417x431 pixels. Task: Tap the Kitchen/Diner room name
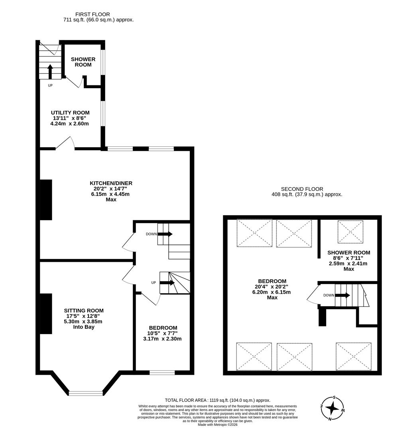[111, 183]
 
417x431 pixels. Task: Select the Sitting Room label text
[84, 310]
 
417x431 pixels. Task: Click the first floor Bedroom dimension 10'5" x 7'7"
[163, 333]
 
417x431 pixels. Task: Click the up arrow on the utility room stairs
[50, 71]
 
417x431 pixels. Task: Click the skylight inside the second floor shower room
[350, 231]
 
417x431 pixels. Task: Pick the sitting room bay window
[86, 393]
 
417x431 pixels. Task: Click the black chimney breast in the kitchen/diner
[46, 200]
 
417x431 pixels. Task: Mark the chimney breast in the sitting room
[46, 314]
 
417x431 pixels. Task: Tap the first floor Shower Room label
[83, 62]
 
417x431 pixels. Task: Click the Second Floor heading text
[302, 189]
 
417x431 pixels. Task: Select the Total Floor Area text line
[217, 400]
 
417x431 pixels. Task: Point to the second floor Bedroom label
[272, 281]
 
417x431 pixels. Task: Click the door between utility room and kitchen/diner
[65, 144]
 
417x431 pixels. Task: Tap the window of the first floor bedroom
[162, 373]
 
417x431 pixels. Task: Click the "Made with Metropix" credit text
[217, 425]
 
